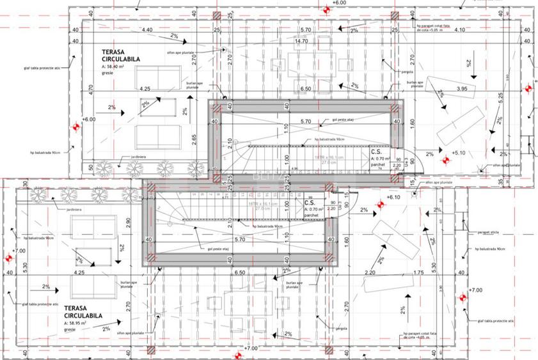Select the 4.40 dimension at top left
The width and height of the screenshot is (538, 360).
(146, 30)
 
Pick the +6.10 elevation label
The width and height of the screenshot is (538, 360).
(393, 198)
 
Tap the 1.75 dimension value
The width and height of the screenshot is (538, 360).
(418, 273)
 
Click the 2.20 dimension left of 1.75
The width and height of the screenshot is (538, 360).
(370, 273)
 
